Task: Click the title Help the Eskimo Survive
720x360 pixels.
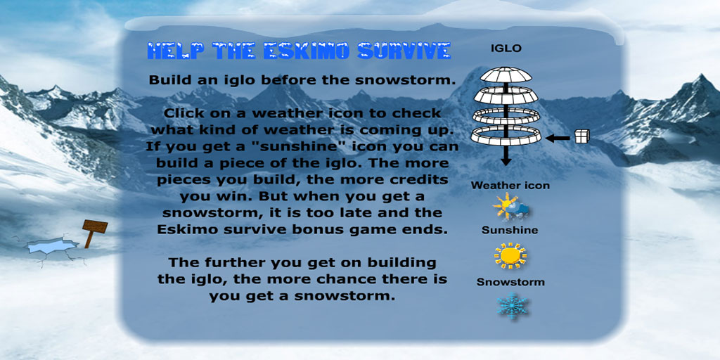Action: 299,51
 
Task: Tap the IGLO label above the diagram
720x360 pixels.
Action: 506,49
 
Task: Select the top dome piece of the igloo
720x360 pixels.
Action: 506,75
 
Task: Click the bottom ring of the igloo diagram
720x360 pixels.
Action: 506,136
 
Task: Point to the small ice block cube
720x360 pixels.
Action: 581,136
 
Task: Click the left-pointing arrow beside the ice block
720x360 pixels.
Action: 558,137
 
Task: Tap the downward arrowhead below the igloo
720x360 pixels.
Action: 506,161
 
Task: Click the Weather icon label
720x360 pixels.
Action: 510,186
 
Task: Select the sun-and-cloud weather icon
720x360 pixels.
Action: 510,207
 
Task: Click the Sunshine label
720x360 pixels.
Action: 510,230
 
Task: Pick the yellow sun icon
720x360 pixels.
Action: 510,256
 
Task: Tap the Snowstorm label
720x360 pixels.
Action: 510,282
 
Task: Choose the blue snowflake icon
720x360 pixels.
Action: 512,307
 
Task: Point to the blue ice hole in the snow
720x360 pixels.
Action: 52,245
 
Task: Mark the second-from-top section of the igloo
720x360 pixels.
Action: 506,96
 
